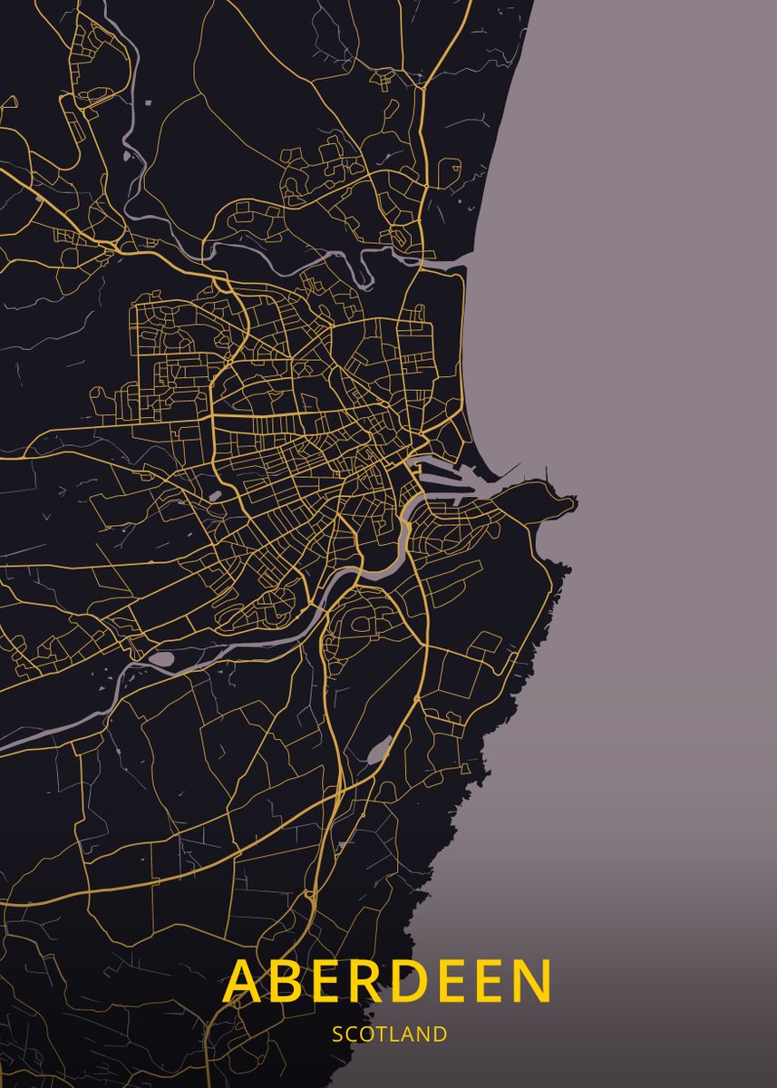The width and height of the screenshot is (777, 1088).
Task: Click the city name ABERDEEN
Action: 388,980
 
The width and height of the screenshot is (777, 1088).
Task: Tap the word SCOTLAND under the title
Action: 389,1034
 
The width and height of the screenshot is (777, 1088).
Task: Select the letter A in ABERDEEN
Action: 244,980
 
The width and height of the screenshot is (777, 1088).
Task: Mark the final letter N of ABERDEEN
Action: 529,980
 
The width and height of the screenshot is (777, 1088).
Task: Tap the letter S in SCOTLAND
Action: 337,1034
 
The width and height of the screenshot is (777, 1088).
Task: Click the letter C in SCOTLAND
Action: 351,1034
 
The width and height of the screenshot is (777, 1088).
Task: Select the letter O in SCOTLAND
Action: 366,1034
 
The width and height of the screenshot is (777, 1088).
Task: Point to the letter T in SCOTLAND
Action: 381,1034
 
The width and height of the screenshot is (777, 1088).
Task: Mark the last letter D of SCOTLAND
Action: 440,1034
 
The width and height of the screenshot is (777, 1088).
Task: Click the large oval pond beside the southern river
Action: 160,659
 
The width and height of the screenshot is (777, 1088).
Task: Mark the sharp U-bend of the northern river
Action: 366,272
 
